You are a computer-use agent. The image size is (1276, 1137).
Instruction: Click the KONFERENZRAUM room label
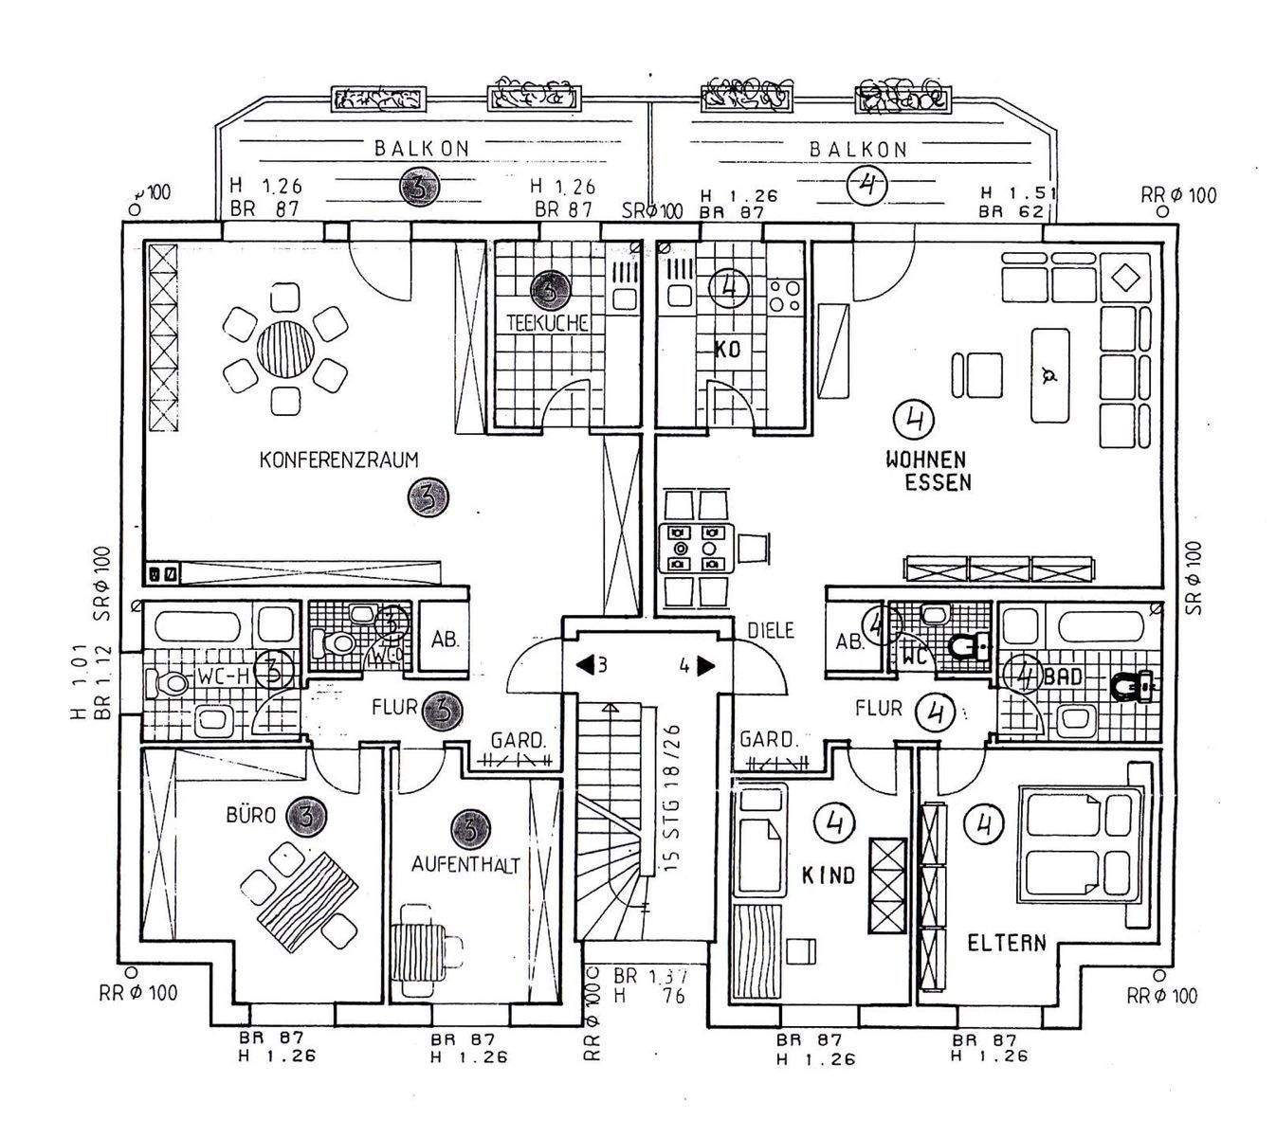(x=338, y=460)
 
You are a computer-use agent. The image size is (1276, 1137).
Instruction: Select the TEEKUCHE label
(x=548, y=322)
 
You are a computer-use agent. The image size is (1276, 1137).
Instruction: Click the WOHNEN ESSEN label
(x=925, y=471)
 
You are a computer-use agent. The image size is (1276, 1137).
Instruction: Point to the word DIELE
(x=770, y=630)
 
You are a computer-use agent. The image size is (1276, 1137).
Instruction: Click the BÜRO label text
(x=250, y=814)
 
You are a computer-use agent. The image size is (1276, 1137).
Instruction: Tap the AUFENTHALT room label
(x=465, y=865)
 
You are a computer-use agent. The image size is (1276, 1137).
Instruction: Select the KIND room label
(x=828, y=875)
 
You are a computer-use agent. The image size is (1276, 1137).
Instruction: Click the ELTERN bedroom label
(x=1006, y=943)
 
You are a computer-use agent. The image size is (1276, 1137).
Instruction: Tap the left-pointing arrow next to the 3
(x=584, y=665)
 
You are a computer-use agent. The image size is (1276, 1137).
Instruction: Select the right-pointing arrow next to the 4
(x=706, y=665)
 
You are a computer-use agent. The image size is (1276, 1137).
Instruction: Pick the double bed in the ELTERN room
(x=1078, y=843)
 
